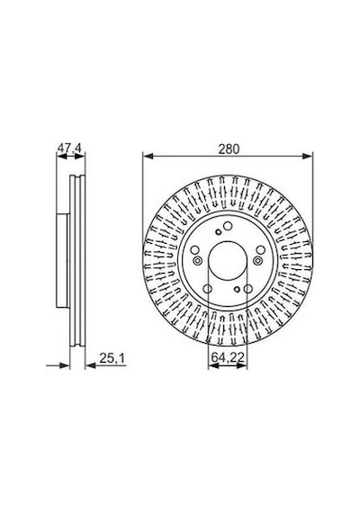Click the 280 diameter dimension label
[229, 149]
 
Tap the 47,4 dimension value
[69, 148]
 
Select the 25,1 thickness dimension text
[112, 358]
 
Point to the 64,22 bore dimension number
[228, 357]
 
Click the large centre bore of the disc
[228, 261]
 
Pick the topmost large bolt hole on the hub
[228, 226]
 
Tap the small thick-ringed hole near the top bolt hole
[219, 232]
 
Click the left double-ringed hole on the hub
[197, 261]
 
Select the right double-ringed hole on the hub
[257, 261]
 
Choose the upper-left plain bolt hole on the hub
[194, 250]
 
